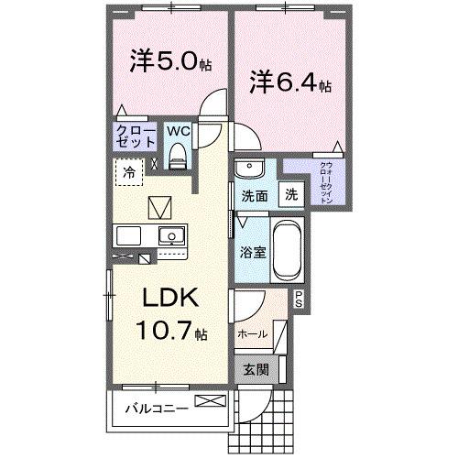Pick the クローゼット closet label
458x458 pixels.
135,136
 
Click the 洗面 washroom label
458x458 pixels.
254,195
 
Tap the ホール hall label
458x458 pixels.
252,334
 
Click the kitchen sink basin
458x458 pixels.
169,237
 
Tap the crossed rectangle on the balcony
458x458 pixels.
208,400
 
